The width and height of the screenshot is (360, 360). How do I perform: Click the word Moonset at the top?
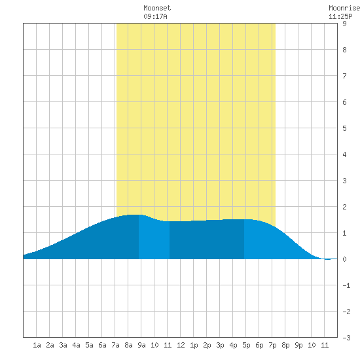coord(157,8)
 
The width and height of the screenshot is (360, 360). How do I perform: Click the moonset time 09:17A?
coord(155,16)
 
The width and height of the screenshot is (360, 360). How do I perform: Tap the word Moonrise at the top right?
coord(344,8)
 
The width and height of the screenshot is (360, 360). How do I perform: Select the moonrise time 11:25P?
coord(340,16)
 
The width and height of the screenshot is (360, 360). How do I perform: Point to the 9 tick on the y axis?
coord(344,24)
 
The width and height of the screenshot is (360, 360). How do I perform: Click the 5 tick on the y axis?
coord(344,128)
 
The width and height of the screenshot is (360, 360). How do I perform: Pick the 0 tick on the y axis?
coord(344,259)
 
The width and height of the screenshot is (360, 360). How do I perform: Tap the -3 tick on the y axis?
coord(346,338)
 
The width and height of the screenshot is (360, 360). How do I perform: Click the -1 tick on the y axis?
coord(346,285)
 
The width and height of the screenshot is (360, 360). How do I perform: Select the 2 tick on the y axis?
coord(344,207)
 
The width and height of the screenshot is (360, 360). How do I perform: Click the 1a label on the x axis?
coord(37,345)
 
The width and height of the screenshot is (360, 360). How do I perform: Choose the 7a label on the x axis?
coord(115,345)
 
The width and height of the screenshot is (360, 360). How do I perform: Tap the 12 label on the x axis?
coord(181,345)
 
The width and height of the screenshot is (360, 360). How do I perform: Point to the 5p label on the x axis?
coord(246,345)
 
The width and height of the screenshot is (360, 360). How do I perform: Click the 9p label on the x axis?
coord(298,345)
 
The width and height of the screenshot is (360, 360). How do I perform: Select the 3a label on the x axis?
coord(63,345)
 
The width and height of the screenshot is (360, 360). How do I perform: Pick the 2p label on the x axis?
coord(207,345)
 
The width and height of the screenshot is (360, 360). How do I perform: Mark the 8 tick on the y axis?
coord(344,50)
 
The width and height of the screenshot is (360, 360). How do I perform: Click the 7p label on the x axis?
coord(272,345)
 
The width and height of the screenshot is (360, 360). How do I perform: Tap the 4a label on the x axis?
coord(76,345)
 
